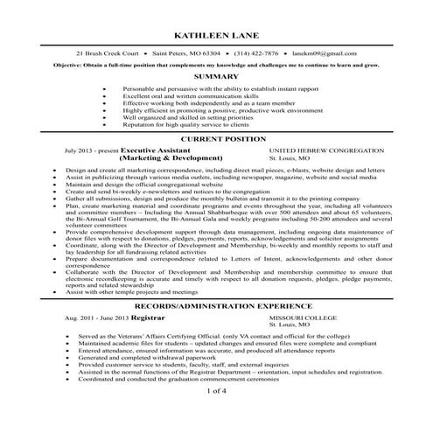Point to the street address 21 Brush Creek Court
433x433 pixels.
[x=111, y=53]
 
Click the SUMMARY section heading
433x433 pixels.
[x=216, y=76]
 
